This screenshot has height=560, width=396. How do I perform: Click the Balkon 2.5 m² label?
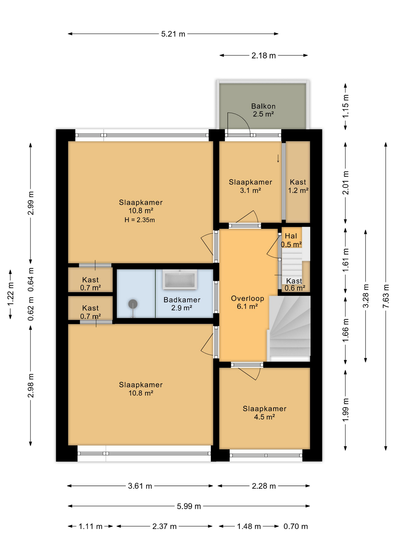(x=263, y=110)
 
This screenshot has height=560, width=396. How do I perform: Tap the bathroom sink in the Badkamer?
(x=180, y=280)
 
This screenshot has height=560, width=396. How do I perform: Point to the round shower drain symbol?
(x=133, y=304)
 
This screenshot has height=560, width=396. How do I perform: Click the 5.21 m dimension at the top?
(x=173, y=34)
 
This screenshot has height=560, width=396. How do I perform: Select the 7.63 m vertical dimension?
(x=386, y=296)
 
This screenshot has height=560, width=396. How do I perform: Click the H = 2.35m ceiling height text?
(x=140, y=220)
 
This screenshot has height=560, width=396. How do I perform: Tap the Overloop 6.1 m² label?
(x=247, y=302)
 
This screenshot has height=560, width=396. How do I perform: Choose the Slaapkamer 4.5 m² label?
(x=264, y=412)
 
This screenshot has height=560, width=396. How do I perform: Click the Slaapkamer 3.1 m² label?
(x=250, y=186)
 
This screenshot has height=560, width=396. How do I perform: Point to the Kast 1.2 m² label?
(x=298, y=186)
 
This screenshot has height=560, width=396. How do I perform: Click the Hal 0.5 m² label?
(x=291, y=240)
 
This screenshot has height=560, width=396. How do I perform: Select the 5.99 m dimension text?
(x=189, y=506)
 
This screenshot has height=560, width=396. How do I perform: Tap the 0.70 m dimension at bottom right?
(x=295, y=526)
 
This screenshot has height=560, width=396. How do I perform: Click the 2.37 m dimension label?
(x=164, y=526)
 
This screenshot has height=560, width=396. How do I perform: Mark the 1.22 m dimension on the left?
(x=10, y=295)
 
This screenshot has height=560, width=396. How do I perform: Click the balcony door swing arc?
(x=242, y=118)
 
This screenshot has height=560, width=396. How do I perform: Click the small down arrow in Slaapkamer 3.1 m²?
(x=278, y=158)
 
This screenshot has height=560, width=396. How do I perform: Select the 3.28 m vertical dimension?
(x=365, y=296)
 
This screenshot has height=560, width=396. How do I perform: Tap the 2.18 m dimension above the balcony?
(x=263, y=55)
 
